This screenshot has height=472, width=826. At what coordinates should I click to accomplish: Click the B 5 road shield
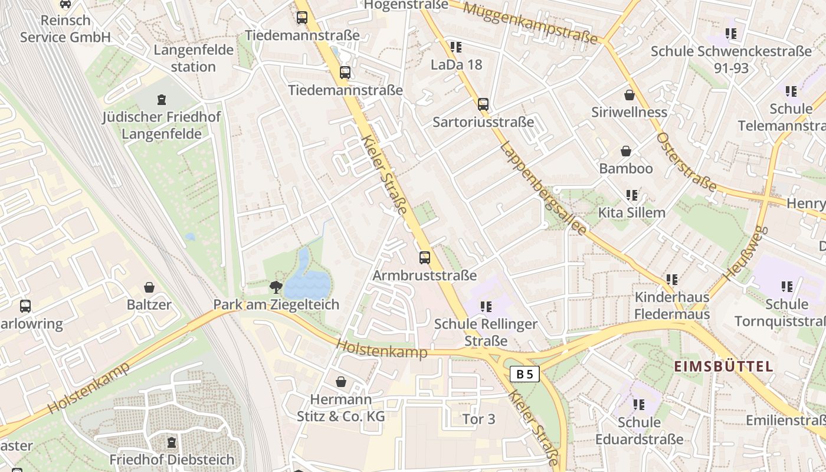point(525,373)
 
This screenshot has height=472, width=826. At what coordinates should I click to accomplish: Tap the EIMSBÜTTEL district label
point(723,366)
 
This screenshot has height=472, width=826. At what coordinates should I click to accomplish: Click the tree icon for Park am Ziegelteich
point(276,287)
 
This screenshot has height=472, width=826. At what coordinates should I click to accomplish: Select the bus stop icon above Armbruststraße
point(425,258)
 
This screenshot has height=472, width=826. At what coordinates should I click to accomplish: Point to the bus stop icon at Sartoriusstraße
point(483,104)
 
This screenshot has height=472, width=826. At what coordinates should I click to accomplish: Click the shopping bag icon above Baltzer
point(149,287)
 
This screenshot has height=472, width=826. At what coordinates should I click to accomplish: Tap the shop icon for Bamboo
point(625,152)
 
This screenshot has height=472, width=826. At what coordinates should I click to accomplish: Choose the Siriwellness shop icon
point(630,95)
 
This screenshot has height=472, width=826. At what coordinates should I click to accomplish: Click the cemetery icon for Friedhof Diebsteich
point(172,442)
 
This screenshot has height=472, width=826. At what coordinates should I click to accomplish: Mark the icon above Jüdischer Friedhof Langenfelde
point(161,100)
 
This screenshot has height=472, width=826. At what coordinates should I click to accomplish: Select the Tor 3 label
point(478,419)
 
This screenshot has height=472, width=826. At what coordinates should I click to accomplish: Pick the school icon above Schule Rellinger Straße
point(486,306)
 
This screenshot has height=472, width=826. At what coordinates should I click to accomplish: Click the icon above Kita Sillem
point(632,195)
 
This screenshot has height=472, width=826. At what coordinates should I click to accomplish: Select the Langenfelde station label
point(194,58)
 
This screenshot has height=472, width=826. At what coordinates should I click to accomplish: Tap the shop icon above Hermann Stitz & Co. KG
point(340,382)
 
